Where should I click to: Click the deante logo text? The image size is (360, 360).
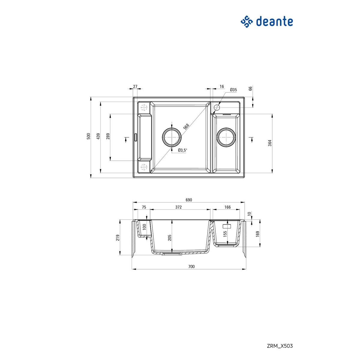pos(274,22)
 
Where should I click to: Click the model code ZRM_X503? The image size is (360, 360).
pos(280,346)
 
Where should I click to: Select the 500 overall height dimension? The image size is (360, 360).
pos(88,136)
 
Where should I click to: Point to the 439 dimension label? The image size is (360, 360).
pos(98,137)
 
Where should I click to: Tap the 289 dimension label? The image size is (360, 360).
pos(108,136)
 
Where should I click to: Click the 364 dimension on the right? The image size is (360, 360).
pos(270,143)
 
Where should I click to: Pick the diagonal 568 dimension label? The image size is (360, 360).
pos(186,126)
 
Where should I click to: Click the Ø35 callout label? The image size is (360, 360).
pos(233,90)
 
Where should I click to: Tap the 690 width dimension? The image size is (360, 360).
pos(188,200)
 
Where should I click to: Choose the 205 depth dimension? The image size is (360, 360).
pos(169,238)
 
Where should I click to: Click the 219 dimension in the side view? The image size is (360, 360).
pos(118,238)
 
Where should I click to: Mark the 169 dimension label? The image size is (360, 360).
pos(257,234)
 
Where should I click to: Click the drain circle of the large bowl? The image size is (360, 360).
pos(172,136)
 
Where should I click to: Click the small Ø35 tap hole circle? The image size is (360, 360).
pos(217,107)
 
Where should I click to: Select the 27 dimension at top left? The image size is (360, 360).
pos(135,86)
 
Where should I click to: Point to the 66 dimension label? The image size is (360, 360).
pos(250,88)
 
